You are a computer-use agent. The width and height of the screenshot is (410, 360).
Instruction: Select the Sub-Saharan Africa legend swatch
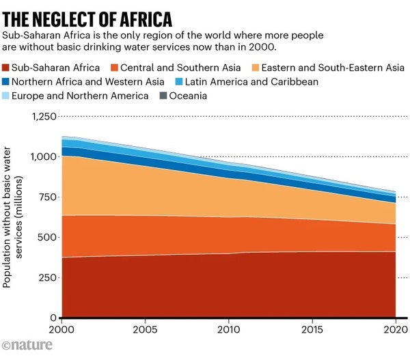coord(9,68)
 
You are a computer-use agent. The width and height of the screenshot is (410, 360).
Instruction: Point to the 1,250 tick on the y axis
coord(43,117)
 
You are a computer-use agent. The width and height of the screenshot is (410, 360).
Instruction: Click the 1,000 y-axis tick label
coord(43,157)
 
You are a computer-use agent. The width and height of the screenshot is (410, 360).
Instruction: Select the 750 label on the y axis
coord(46,197)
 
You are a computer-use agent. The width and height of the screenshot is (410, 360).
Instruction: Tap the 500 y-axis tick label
coord(46,238)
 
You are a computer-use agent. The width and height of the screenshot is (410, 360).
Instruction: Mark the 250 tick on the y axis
coord(46,278)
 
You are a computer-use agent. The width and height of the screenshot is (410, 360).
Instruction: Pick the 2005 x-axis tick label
coord(145,329)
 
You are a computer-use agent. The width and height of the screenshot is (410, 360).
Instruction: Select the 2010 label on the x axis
coord(229,329)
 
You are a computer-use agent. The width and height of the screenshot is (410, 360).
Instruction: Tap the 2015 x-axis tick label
coord(312,329)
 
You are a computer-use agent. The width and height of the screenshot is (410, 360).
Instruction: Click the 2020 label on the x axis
coord(394,329)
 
